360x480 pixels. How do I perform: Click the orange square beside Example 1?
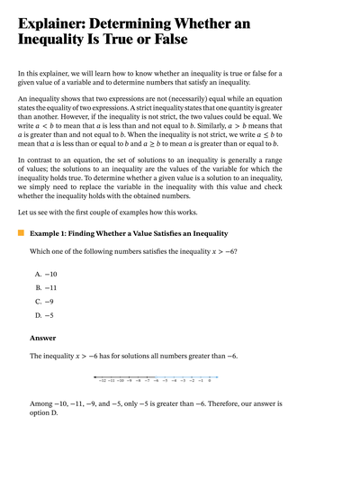click(x=22, y=233)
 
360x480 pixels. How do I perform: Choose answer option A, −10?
click(x=46, y=273)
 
